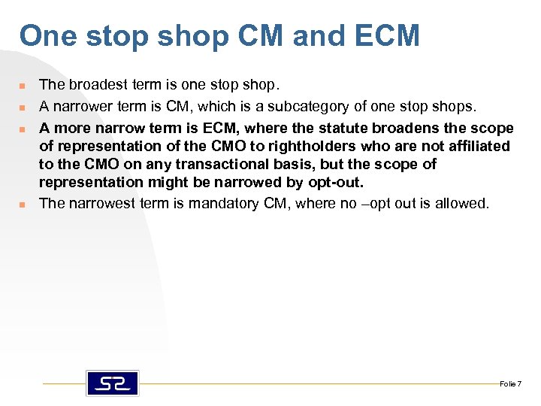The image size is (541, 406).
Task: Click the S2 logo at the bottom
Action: coord(113,383)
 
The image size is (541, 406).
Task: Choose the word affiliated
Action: coord(476,146)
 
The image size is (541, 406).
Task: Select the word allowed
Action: coord(465,203)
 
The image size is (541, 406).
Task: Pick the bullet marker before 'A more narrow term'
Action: coord(23,129)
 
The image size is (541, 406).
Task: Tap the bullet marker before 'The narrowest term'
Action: coord(23,204)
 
